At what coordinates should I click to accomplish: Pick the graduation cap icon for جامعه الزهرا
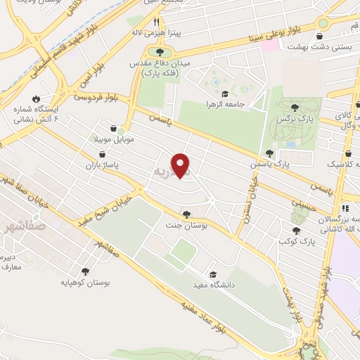225,94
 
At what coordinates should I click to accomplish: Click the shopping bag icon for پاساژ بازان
103,154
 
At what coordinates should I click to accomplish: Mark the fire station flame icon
34,99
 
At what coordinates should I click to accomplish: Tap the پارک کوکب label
295,241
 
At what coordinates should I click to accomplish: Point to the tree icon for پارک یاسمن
269,153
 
